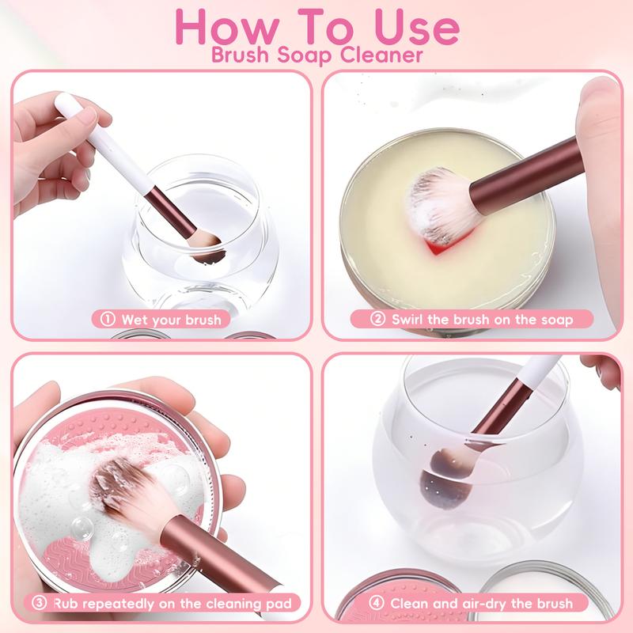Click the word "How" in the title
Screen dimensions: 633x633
pyautogui.click(x=227, y=27)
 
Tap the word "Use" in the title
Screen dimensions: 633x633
pyautogui.click(x=417, y=27)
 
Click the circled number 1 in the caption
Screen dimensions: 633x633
pyautogui.click(x=108, y=319)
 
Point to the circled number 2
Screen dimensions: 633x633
pyautogui.click(x=377, y=319)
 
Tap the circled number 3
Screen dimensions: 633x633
pyautogui.click(x=39, y=603)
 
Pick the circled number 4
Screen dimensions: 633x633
pyautogui.click(x=377, y=603)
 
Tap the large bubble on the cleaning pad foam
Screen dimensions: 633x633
pyautogui.click(x=82, y=527)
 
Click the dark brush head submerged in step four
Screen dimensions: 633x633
pyautogui.click(x=445, y=481)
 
